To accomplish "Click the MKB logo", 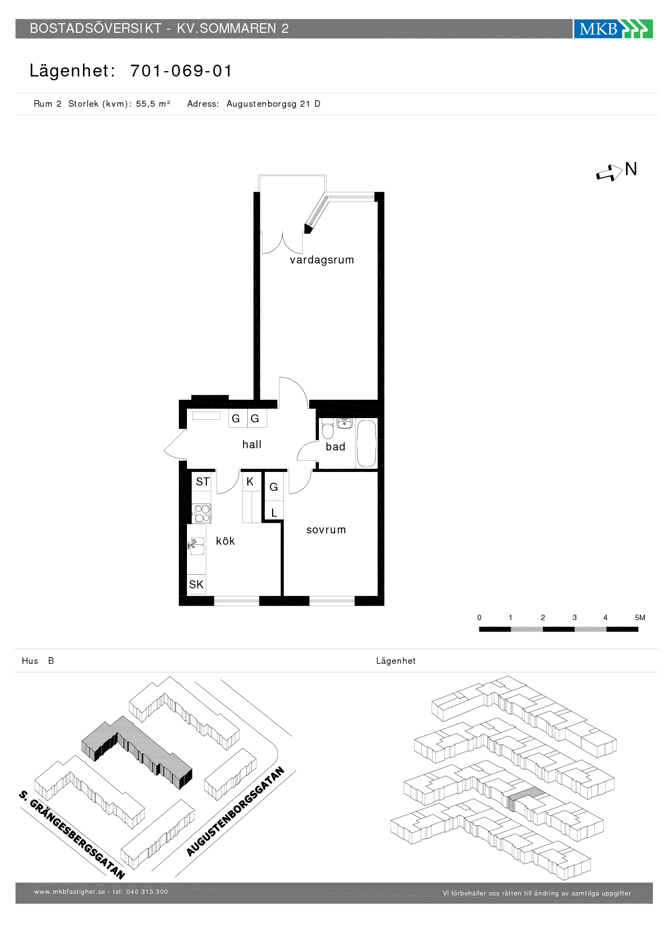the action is tap(613, 29).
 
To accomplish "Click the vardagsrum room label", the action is tap(322, 260).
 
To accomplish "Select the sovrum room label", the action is tap(326, 530).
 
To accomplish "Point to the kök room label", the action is tap(225, 541).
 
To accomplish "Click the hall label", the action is tap(252, 444).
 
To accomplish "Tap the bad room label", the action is tap(335, 447).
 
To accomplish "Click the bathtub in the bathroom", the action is tap(366, 443).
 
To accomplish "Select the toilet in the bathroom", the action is tap(328, 431).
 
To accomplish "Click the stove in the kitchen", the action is tap(202, 513).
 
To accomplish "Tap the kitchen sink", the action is tap(197, 546).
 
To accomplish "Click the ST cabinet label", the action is tap(203, 482).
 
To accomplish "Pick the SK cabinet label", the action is tap(196, 585).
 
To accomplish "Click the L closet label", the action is tap(274, 513).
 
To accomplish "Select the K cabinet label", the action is tap(250, 482).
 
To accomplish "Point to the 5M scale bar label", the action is tap(640, 617).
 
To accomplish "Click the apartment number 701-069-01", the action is tap(182, 71).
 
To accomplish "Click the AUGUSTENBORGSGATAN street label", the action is tap(235, 812).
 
